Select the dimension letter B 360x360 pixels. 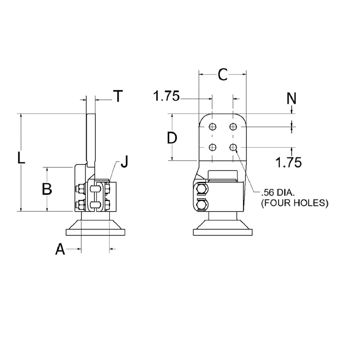(47, 189)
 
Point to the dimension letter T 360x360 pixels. (118, 96)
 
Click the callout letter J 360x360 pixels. (124, 163)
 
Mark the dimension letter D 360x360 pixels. (172, 138)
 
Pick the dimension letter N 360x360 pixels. (291, 99)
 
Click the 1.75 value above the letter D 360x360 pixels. (166, 96)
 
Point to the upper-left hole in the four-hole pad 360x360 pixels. (212, 127)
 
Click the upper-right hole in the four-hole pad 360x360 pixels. (233, 127)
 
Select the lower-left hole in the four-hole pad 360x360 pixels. (212, 147)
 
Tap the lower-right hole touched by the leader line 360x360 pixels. (233, 147)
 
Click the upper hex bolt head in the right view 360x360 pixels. (202, 190)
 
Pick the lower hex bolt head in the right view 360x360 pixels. (202, 205)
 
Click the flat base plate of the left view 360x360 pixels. (96, 232)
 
